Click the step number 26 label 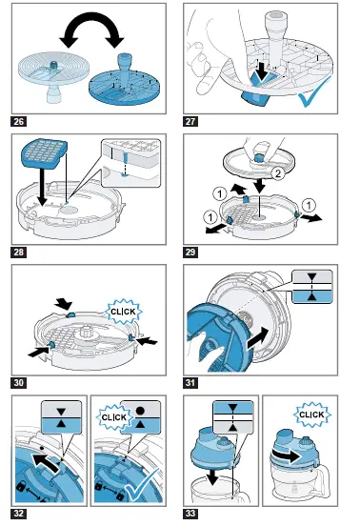click(18, 121)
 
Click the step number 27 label click(190, 121)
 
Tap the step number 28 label click(18, 252)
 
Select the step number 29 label click(190, 252)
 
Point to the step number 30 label click(18, 383)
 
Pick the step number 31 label click(190, 383)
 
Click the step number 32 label click(18, 514)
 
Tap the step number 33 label click(190, 514)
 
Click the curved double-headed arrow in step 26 click(91, 20)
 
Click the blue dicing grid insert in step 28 click(44, 152)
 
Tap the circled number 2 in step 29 click(277, 173)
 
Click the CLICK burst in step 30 click(124, 312)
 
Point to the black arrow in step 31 click(257, 339)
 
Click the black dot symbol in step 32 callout click(140, 411)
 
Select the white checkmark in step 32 click(142, 485)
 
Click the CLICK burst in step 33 click(311, 415)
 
